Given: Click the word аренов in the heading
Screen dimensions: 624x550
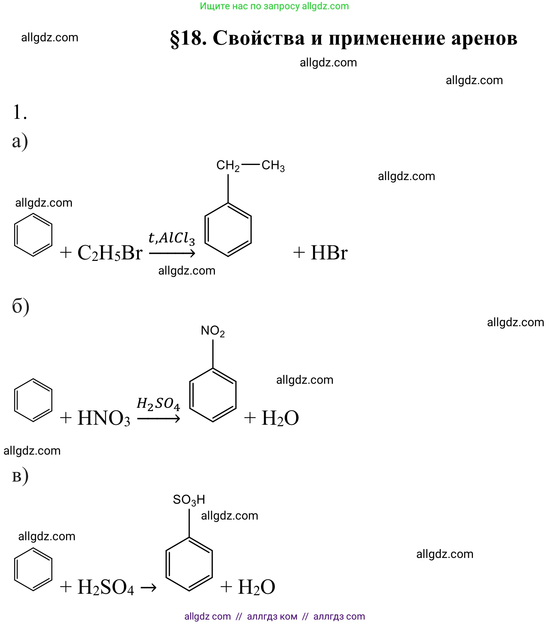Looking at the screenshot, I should coord(484,38).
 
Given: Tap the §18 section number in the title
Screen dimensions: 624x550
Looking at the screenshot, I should coord(188,38).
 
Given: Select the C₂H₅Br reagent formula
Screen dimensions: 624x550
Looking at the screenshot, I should coord(110,253).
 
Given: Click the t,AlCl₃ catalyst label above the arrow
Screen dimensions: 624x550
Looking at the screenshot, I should coord(171,238).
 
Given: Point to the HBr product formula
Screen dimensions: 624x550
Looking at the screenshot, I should coord(329,253).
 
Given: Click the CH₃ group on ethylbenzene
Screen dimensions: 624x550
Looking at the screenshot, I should coord(273,166).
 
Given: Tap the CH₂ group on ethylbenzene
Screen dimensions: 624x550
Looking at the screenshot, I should coord(228,166).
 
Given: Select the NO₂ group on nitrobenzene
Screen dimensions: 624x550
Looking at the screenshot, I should coord(213,331).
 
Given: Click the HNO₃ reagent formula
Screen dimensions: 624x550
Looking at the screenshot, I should coord(104,418).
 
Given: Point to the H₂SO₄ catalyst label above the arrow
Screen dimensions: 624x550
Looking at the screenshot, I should coord(158,404).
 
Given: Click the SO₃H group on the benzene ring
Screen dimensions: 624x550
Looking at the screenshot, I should coord(189,500).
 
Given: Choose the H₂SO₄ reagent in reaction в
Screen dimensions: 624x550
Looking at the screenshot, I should coord(106,587).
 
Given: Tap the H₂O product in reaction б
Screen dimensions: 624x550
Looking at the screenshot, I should coord(280,418).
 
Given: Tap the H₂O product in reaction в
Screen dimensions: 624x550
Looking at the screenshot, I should coord(257,587).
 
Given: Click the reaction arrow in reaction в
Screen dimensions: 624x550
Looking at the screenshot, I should coord(149,587).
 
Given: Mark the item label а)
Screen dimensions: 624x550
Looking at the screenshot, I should coord(20,141).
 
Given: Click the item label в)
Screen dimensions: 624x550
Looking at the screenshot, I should coord(20,476).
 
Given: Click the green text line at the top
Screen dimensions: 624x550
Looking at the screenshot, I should coord(274,6).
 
